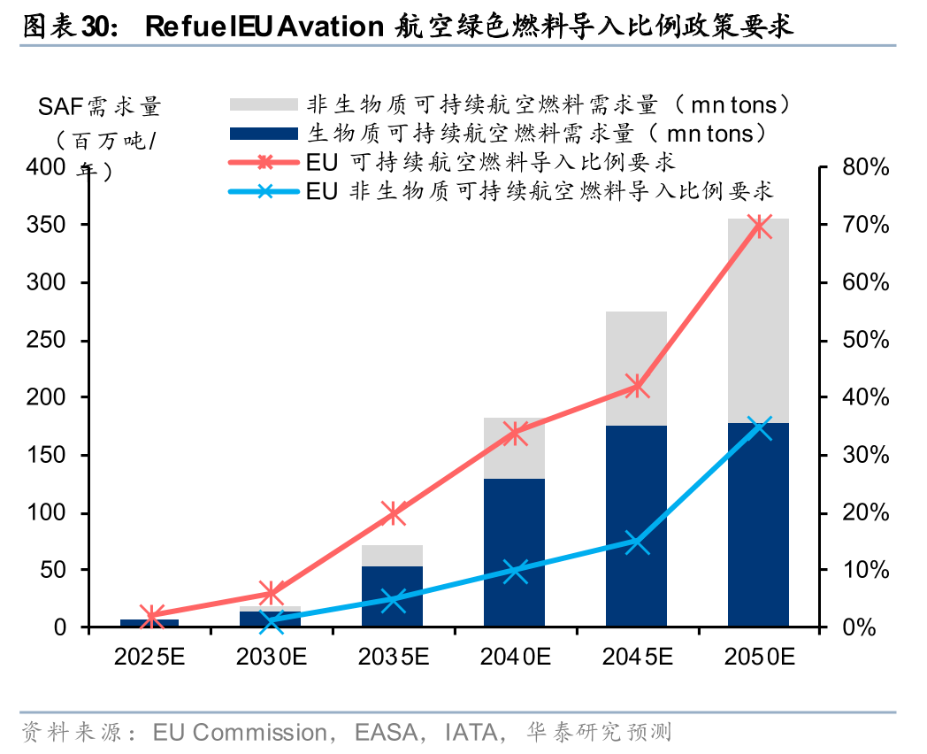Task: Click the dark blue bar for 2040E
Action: coord(514,553)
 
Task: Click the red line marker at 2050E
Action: coord(758,227)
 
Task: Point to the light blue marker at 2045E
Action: coord(636,542)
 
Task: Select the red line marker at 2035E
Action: coord(393,512)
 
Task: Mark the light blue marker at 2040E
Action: coord(515,571)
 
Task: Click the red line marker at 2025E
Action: coord(150,616)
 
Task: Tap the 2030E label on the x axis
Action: coord(271,657)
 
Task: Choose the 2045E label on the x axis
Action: coord(637,657)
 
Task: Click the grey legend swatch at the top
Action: coord(263,104)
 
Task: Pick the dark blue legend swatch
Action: coord(263,134)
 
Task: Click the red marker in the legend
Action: coord(263,162)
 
